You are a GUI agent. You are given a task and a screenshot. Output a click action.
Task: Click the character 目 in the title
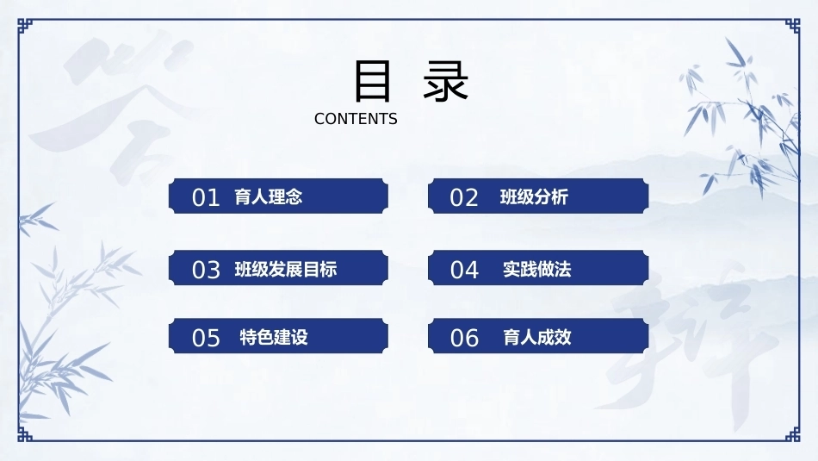click(373, 81)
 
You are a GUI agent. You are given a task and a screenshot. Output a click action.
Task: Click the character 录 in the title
click(445, 81)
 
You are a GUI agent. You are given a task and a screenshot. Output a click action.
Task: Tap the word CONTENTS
click(356, 119)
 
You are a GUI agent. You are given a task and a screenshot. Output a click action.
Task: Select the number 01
click(206, 198)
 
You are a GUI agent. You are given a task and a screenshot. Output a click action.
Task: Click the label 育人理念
click(269, 196)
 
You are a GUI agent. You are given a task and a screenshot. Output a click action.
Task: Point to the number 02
click(464, 198)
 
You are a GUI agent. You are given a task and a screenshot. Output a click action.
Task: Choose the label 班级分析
click(534, 196)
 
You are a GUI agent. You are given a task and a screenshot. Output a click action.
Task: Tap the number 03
click(206, 270)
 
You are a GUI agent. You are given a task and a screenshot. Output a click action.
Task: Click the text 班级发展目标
click(286, 270)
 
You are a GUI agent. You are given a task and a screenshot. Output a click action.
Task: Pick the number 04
click(464, 270)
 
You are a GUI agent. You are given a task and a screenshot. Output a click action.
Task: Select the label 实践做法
click(536, 270)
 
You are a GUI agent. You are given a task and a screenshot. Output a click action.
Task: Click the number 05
click(206, 338)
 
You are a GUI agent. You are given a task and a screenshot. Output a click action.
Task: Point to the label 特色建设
click(274, 337)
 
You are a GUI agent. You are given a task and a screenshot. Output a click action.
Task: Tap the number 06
click(464, 338)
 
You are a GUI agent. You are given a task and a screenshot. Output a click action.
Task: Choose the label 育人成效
click(536, 337)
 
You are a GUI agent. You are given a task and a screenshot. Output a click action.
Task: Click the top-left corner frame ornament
click(24, 26)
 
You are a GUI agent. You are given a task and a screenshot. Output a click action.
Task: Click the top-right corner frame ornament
click(793, 26)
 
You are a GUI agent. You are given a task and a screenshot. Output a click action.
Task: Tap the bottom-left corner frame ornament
click(24, 434)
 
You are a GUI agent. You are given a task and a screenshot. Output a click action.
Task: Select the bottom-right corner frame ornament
click(793, 434)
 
